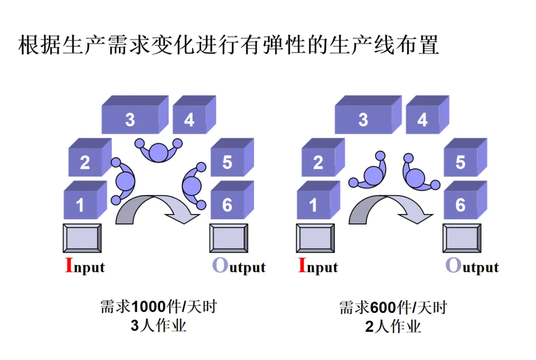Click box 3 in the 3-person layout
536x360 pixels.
coord(130,120)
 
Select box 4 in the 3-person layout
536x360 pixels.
coord(189,120)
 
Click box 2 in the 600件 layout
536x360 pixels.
coord(318,162)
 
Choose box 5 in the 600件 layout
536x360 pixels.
coord(461,162)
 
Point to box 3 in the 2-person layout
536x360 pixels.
coord(363,120)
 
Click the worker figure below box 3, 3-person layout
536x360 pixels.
coord(159,150)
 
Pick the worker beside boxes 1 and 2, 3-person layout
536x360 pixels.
coord(124,181)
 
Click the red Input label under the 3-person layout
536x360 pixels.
coord(85,267)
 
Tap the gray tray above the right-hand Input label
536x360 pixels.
coord(315,238)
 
